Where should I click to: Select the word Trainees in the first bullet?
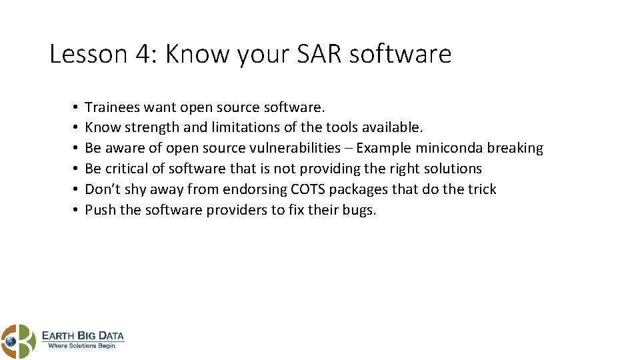point(112,107)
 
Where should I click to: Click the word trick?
point(482,189)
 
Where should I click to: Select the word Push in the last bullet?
point(99,210)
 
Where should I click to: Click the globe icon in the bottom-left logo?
point(10,341)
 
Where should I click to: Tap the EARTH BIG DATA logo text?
point(83,335)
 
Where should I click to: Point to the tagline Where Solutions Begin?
point(83,346)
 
